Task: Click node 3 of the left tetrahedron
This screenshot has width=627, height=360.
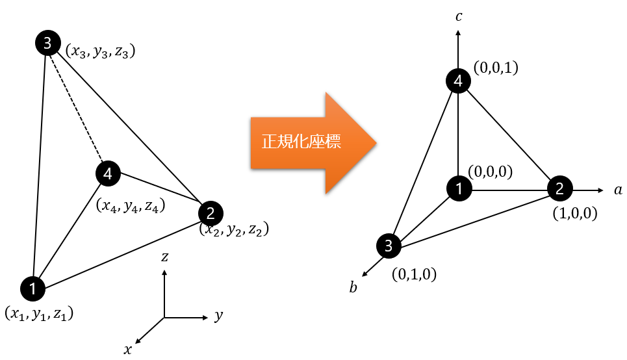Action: pos(48,43)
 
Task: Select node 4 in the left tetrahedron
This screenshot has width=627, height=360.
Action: pos(108,174)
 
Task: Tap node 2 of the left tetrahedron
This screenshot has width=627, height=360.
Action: pos(211,213)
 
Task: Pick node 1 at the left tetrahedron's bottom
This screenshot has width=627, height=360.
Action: pos(32,289)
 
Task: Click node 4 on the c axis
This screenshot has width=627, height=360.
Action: pos(458,81)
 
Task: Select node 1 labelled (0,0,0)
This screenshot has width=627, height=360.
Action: pos(459,188)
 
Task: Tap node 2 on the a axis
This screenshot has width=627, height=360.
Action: pos(560,188)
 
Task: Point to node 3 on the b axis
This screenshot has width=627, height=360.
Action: pos(389,246)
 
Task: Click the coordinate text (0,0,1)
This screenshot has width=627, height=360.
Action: pos(496,68)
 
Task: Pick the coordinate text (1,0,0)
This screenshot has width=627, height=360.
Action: pos(575,213)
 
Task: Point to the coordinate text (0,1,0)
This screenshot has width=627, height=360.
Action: pos(415,274)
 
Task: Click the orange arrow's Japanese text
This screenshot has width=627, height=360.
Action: pos(301,142)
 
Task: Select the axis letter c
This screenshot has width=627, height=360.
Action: pos(459,16)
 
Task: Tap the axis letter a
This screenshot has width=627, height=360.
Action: pos(618,190)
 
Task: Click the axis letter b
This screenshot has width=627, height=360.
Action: pos(353,287)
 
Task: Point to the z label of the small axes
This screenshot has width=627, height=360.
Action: pos(165,257)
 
